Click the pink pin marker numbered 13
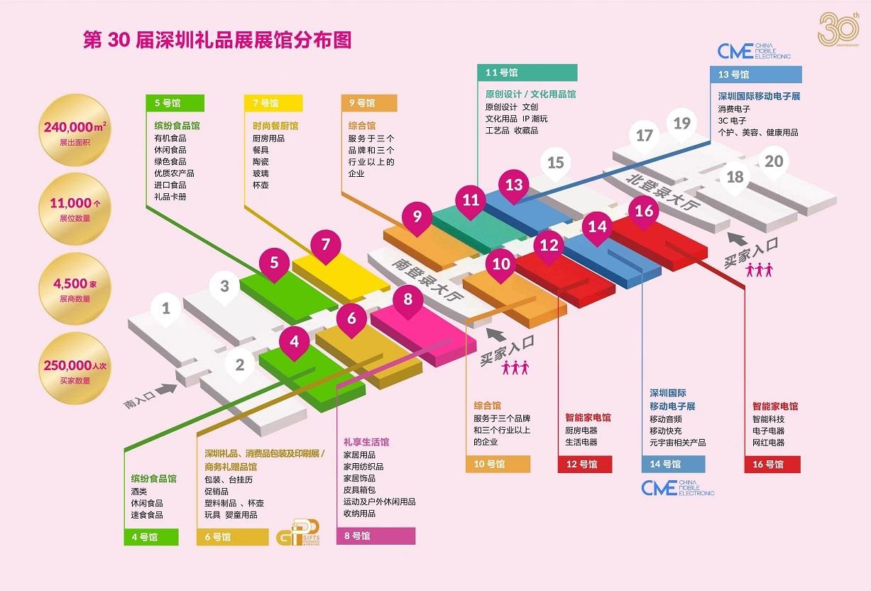click(x=514, y=186)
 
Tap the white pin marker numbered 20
click(x=774, y=162)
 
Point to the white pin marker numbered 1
click(x=165, y=309)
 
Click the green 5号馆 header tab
click(x=175, y=103)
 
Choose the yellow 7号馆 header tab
click(x=273, y=103)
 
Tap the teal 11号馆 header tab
click(x=527, y=72)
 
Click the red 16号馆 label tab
click(x=772, y=465)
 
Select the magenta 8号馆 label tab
click(x=376, y=536)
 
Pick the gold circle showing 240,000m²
click(x=75, y=130)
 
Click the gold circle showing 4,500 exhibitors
click(x=75, y=288)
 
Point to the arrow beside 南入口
click(x=166, y=389)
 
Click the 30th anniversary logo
click(x=839, y=29)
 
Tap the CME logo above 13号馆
click(x=754, y=51)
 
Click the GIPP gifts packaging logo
click(x=298, y=532)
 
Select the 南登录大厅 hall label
click(x=427, y=279)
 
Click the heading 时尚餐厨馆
click(x=275, y=126)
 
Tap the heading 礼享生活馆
click(x=366, y=442)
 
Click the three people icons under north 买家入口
click(x=760, y=270)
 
